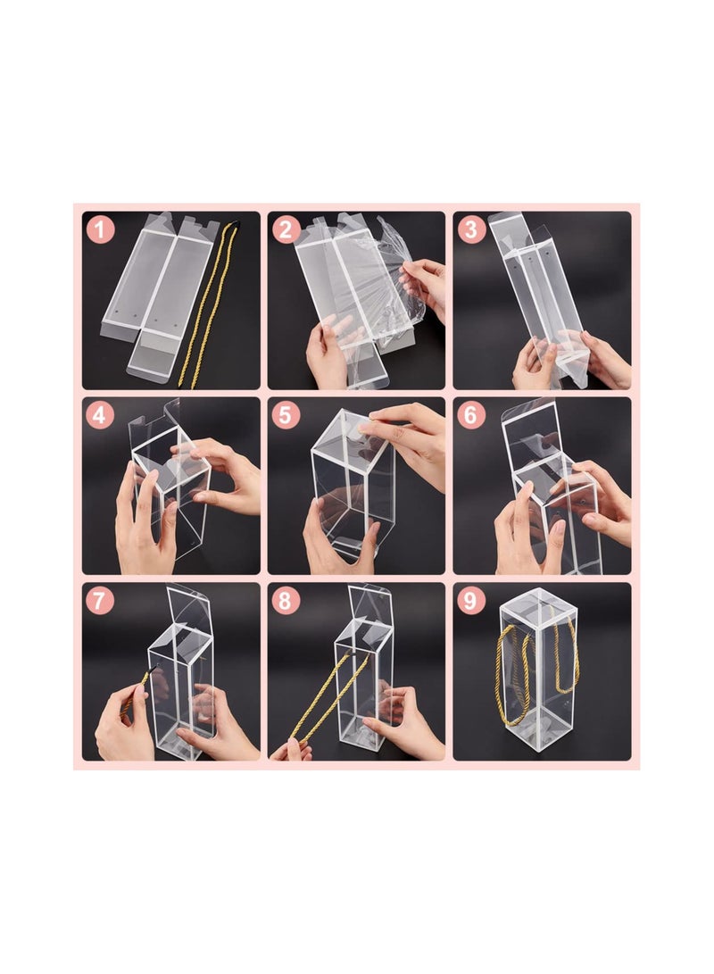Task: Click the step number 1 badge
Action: click(x=100, y=229)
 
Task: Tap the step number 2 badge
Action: click(x=286, y=229)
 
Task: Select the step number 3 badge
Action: click(x=471, y=229)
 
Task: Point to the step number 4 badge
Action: click(x=100, y=415)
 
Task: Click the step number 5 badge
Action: click(x=286, y=415)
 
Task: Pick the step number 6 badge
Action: click(x=471, y=415)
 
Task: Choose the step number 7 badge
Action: click(x=100, y=601)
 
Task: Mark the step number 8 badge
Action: click(x=286, y=601)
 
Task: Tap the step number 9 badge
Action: click(x=471, y=601)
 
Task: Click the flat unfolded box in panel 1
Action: click(x=161, y=286)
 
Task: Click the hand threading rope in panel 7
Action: click(x=120, y=728)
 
